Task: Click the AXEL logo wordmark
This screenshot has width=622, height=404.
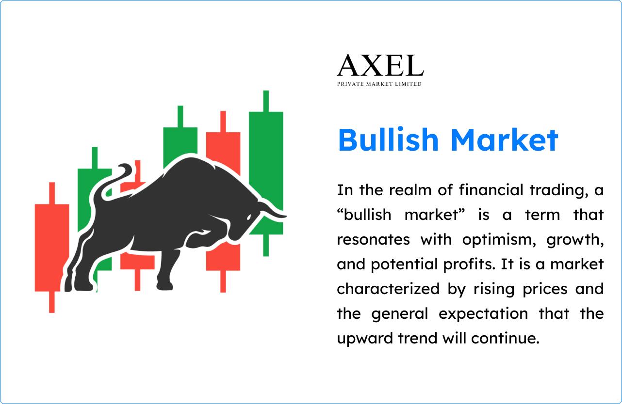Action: pyautogui.click(x=380, y=65)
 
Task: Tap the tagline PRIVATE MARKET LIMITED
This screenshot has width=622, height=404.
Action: pyautogui.click(x=379, y=84)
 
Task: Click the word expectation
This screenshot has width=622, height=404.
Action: pyautogui.click(x=483, y=313)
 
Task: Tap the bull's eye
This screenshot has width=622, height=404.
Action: pyautogui.click(x=248, y=218)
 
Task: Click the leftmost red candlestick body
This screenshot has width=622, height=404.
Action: pyautogui.click(x=51, y=248)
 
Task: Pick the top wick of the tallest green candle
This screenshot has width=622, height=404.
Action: pyautogui.click(x=266, y=101)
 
